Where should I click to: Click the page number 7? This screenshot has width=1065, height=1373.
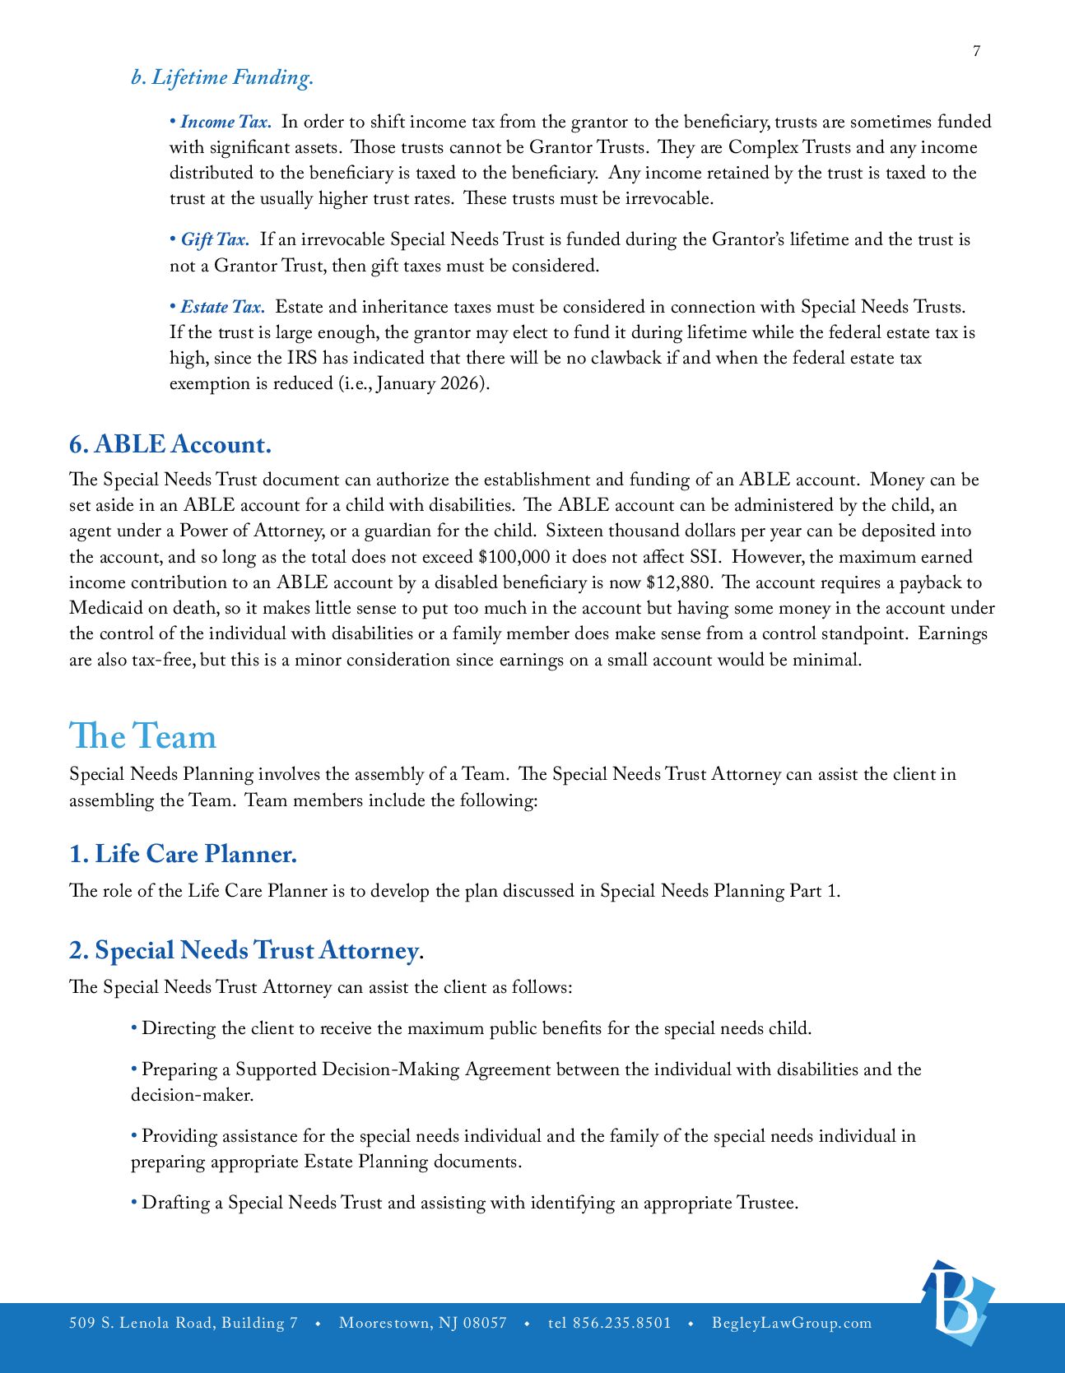(x=976, y=51)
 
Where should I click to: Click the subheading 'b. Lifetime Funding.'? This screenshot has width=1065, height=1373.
(x=222, y=77)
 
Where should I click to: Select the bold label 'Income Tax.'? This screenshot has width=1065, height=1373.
(x=226, y=122)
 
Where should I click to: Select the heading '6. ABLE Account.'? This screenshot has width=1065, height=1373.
(x=170, y=444)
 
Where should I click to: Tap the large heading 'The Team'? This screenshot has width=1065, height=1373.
(x=142, y=735)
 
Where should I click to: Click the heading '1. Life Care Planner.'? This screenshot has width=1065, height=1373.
(x=183, y=854)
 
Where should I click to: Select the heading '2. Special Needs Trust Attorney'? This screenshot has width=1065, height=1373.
(x=244, y=950)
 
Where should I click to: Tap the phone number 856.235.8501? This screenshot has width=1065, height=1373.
(x=621, y=1323)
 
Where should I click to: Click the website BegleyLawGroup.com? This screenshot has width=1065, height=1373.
(x=792, y=1323)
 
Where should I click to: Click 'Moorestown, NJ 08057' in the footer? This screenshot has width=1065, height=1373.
(x=423, y=1323)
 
